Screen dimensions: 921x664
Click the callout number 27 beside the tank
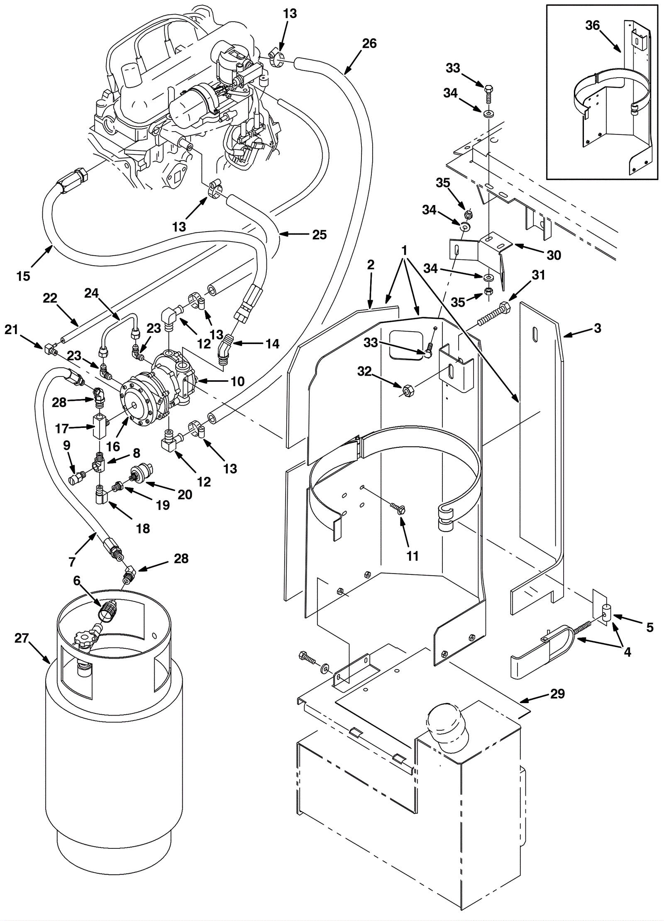pos(22,638)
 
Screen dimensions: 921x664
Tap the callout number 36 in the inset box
pos(593,26)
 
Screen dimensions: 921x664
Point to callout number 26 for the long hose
pos(369,43)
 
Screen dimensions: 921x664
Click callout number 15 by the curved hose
pos(24,276)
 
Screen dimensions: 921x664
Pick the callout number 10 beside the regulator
pos(237,381)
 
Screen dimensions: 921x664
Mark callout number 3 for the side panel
pos(597,328)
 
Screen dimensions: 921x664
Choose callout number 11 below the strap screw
pos(412,556)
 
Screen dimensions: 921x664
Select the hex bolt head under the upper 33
pos(488,88)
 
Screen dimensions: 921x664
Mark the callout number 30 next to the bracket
pos(554,255)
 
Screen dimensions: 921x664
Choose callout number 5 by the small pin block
pos(649,627)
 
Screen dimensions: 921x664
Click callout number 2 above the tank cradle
pos(371,265)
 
